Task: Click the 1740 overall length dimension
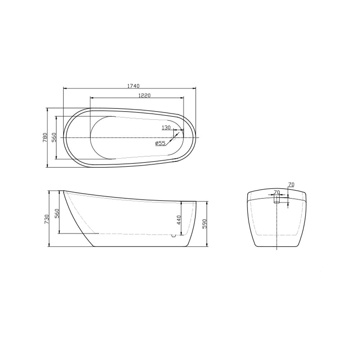tap(134, 86)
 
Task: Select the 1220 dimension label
tap(144, 95)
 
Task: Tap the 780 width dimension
tap(45, 138)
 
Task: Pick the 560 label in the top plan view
tap(54, 138)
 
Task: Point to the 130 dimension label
tap(166, 128)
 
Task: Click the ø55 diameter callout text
tap(160, 143)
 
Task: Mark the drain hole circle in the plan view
tap(174, 138)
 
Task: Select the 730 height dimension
tap(47, 219)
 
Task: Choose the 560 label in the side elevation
tap(57, 213)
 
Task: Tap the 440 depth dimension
tap(179, 220)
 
